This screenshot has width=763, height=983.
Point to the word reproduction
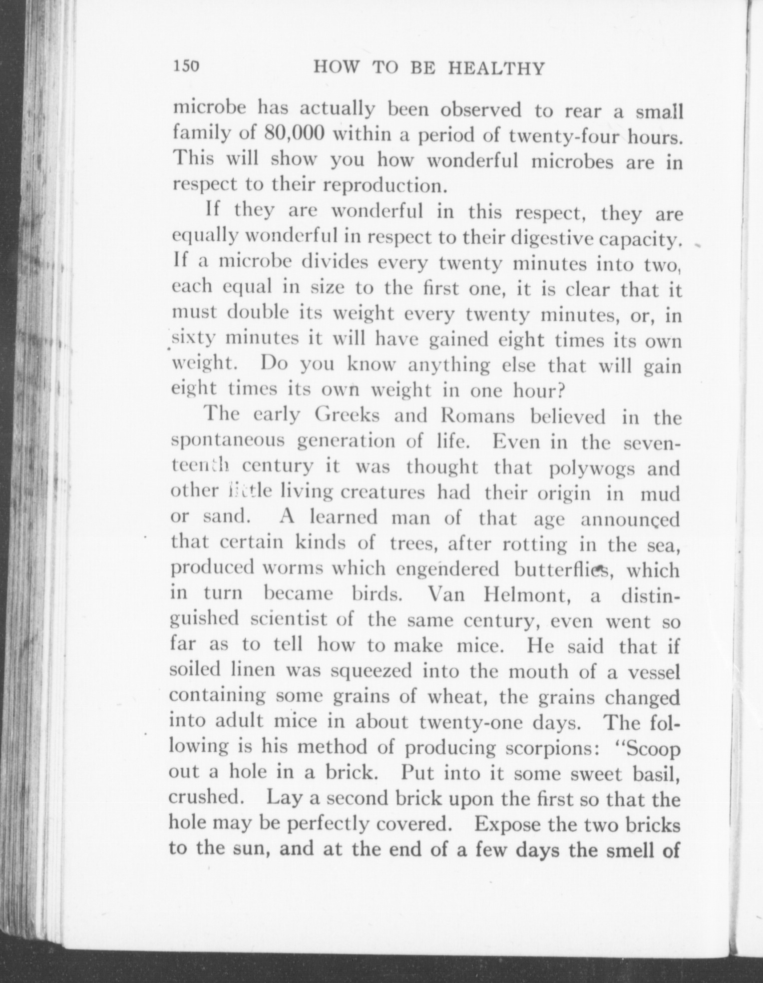coord(383,186)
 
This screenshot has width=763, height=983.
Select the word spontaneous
coord(228,442)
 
